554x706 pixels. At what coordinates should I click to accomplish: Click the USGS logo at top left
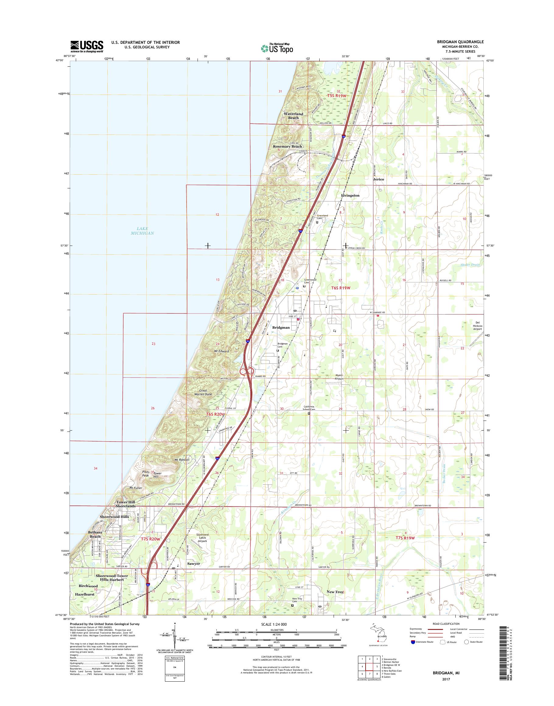click(87, 46)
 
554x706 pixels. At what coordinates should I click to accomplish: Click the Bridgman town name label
click(281, 327)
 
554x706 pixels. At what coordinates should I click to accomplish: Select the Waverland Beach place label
click(293, 116)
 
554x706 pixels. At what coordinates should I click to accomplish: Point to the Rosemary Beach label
click(287, 146)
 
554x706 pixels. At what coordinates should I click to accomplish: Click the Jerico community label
click(378, 179)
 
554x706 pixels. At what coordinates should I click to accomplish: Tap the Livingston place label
click(350, 196)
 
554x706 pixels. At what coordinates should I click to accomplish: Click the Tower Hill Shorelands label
click(126, 504)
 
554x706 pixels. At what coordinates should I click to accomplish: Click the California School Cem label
click(309, 408)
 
